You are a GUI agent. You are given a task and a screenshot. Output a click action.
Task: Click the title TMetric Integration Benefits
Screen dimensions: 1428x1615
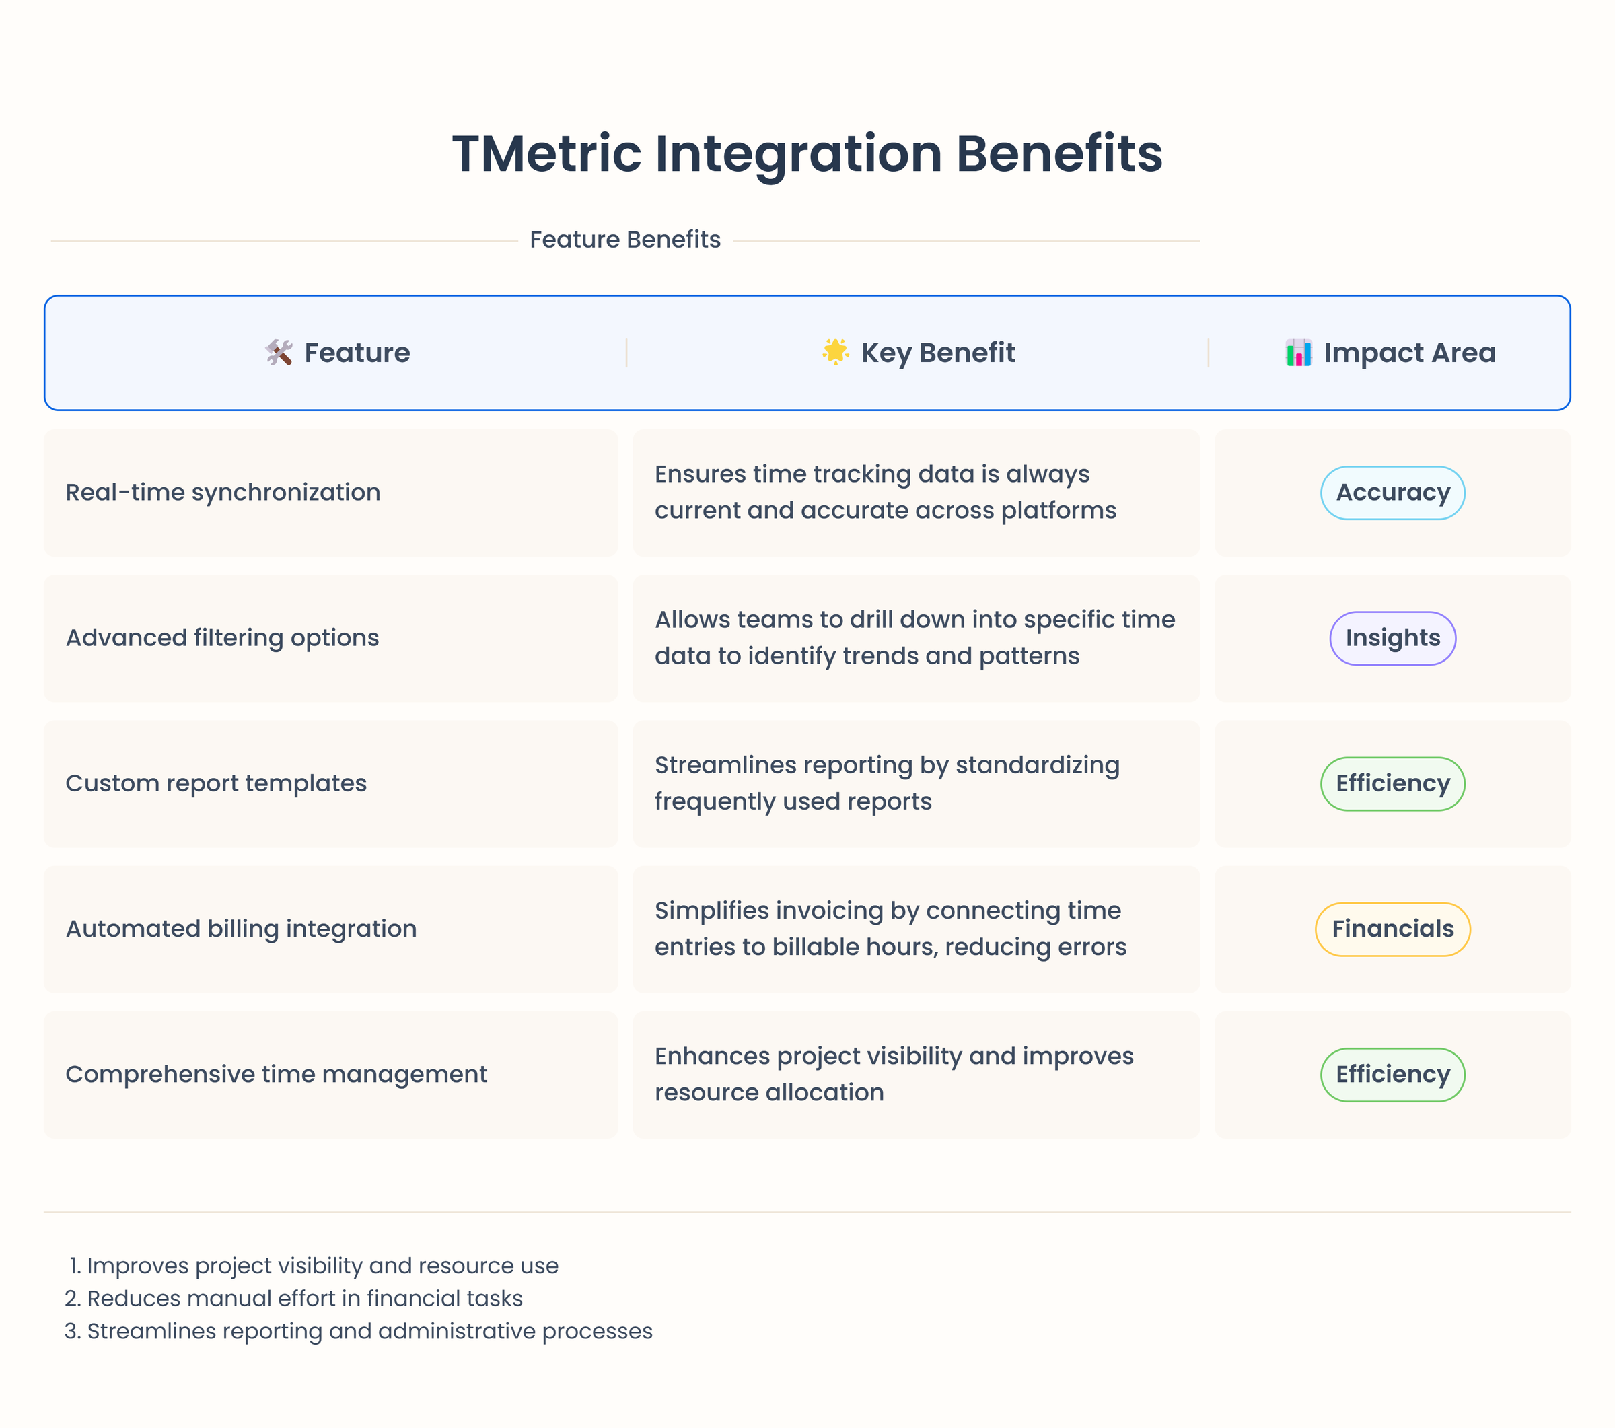[x=807, y=153]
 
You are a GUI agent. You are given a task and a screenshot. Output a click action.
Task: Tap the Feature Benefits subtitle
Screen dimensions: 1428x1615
[x=624, y=240]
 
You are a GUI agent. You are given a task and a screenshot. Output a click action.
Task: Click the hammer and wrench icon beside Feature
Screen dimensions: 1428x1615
[x=279, y=353]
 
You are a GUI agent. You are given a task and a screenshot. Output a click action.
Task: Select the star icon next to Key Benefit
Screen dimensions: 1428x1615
[x=835, y=352]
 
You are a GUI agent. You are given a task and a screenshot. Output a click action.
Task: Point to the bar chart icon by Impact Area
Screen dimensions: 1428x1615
[x=1298, y=353]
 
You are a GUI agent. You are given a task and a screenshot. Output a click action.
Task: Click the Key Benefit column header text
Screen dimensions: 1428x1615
[x=937, y=353]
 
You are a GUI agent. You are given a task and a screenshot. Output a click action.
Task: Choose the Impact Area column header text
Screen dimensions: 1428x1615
[x=1410, y=353]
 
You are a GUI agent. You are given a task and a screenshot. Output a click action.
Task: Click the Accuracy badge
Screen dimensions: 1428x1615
[x=1392, y=493]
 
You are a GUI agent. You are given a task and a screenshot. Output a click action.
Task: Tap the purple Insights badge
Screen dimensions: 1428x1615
[x=1392, y=638]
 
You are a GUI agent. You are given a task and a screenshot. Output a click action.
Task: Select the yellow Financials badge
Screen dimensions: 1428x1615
[x=1392, y=929]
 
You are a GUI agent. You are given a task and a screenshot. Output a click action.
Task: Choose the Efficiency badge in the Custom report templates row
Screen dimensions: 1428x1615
[x=1392, y=783]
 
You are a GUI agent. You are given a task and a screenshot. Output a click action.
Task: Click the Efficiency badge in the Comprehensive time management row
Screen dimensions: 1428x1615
[x=1392, y=1074]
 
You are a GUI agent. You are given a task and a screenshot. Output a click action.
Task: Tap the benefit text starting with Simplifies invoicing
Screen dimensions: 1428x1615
[x=890, y=929]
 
